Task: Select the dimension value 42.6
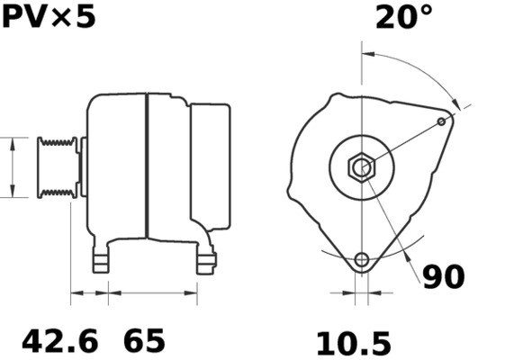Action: [59, 342]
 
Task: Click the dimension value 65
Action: [144, 342]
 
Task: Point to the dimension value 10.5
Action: [353, 343]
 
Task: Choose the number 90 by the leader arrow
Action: [443, 277]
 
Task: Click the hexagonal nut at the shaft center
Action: [361, 166]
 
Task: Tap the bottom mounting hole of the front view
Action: [362, 261]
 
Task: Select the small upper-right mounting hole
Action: [441, 121]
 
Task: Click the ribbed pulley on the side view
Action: [56, 166]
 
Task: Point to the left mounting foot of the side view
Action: [102, 261]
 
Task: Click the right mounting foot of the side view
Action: [206, 261]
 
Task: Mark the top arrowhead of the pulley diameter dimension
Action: [12, 142]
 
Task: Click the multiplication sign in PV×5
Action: [62, 16]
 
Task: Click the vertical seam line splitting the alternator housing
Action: [146, 166]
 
